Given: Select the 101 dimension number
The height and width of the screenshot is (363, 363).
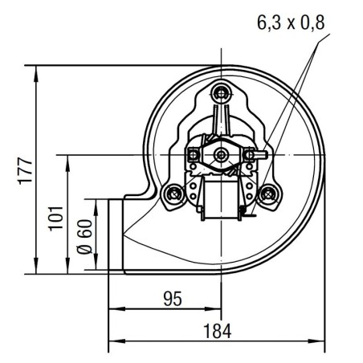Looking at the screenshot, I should pyautogui.click(x=55, y=216).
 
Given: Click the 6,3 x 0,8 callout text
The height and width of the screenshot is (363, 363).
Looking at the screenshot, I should pyautogui.click(x=290, y=23).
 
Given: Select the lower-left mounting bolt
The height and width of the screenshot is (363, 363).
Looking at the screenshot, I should pyautogui.click(x=171, y=194).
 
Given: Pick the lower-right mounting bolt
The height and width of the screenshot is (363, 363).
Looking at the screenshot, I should pyautogui.click(x=269, y=194).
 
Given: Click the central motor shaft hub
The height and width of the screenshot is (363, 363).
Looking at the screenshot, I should pyautogui.click(x=220, y=153).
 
